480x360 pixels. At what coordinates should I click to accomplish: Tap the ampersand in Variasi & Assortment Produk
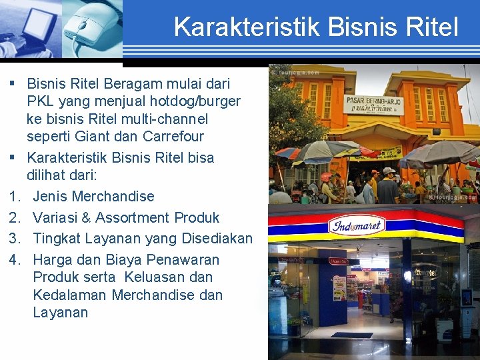(85, 218)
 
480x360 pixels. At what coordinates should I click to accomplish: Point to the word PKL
(41, 101)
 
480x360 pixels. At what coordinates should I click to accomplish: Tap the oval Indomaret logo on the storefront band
(357, 225)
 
